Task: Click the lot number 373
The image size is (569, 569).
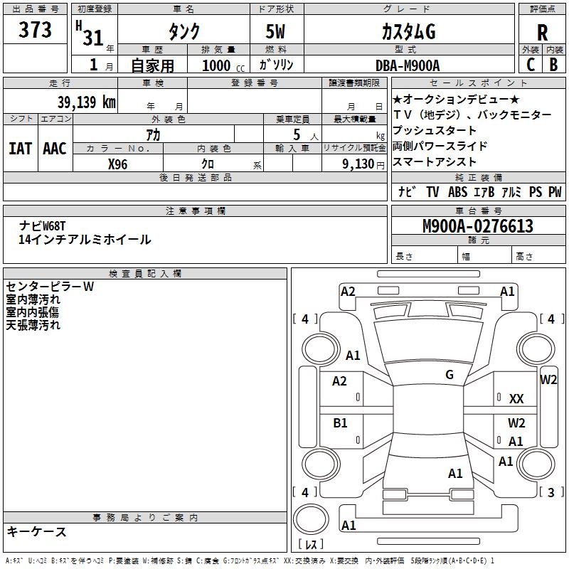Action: coord(35,30)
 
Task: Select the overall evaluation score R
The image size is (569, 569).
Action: coord(543,32)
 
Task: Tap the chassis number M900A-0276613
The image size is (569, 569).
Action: coord(478,226)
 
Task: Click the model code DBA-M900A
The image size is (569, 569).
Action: coord(408,65)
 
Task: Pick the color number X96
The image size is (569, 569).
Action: coord(118,164)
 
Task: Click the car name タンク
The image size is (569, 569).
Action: coord(183,32)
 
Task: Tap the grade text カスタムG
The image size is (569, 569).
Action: coord(408,32)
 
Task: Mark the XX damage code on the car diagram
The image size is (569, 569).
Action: coord(516,400)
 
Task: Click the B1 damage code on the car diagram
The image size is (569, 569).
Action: coord(340,423)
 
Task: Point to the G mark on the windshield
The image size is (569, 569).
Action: coord(449,375)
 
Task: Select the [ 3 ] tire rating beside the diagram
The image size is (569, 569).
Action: coord(550,492)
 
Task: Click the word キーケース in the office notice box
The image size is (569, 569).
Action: coord(36,531)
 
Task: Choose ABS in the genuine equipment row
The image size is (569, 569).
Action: coord(457,192)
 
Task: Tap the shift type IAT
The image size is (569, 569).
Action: coord(20,148)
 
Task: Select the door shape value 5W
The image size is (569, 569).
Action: coord(276,32)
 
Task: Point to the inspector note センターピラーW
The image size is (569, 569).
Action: coord(50,287)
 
